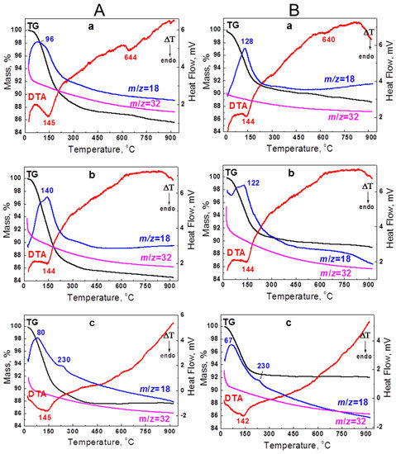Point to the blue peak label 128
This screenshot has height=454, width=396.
pos(246,41)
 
